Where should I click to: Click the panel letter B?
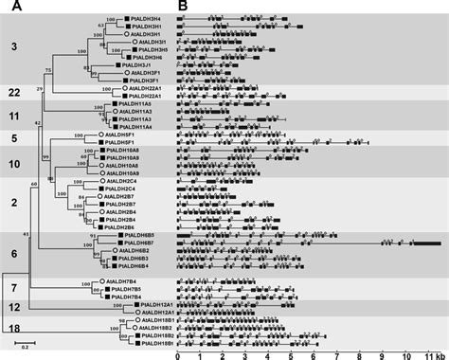point(182,6)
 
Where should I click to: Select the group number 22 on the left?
point(14,91)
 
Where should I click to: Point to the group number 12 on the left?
point(13,307)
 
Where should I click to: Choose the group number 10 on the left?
point(13,163)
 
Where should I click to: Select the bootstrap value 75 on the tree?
point(48,71)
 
